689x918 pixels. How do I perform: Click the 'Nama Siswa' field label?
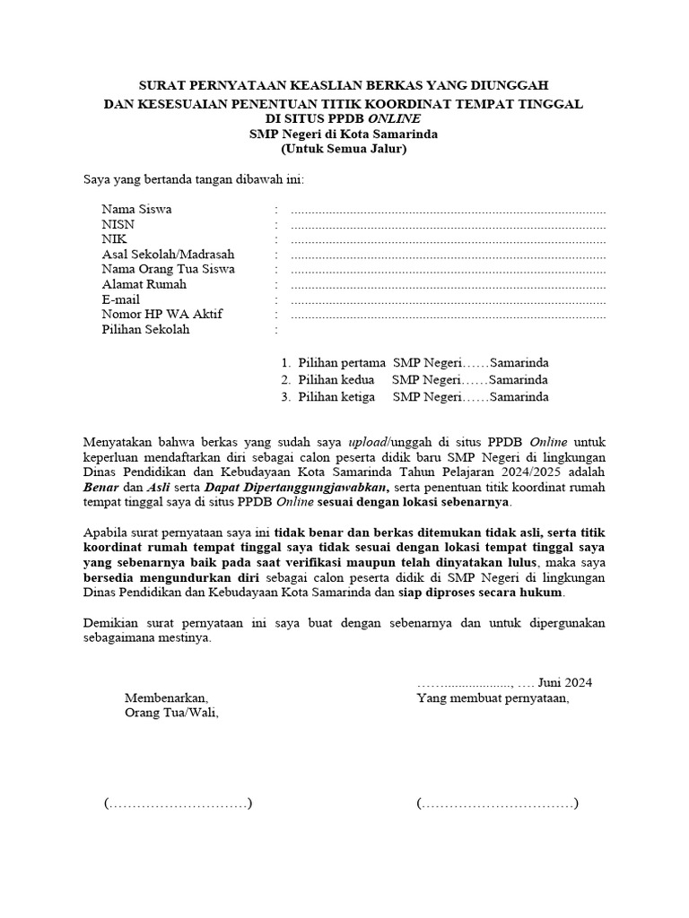pos(136,209)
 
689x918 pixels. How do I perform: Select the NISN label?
pos(118,224)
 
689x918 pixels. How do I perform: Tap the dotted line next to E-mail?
pos(449,300)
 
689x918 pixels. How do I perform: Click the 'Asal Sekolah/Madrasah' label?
pos(168,255)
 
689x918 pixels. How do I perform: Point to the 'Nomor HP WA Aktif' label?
pos(161,315)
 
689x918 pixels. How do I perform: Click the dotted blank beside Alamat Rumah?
pos(449,285)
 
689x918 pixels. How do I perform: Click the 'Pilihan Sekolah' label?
pos(145,330)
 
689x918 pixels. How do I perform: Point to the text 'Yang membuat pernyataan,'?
pos(493,697)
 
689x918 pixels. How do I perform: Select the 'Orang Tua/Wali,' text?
pos(170,714)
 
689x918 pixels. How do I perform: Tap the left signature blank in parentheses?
pos(178,803)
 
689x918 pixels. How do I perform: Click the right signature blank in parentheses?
pos(497,803)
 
